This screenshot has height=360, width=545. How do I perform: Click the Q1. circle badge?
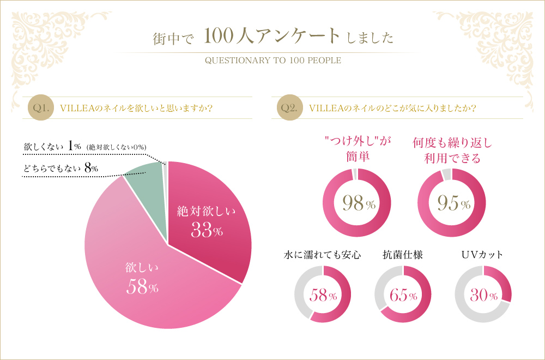(41, 107)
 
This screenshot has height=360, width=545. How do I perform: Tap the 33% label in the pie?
(207, 231)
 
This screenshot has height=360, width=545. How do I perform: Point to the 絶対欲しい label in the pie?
(207, 212)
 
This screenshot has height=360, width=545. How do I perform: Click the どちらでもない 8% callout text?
(60, 169)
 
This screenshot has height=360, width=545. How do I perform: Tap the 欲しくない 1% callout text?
(52, 147)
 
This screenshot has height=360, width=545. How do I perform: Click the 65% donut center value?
(403, 296)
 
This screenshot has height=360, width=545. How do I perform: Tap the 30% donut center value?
(483, 296)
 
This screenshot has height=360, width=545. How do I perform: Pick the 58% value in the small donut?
(323, 296)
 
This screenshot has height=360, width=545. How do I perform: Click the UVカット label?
(482, 255)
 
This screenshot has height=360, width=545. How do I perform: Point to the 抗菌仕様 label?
(403, 255)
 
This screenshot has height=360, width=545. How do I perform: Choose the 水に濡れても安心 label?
(322, 255)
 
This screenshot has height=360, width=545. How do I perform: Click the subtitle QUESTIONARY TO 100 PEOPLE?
(272, 60)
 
